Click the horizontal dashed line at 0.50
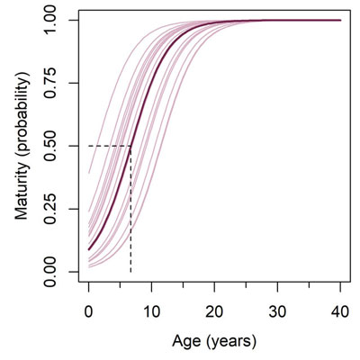click(x=108, y=146)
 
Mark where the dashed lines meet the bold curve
click(x=130, y=146)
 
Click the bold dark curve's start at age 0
click(x=89, y=249)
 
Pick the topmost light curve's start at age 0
click(x=89, y=173)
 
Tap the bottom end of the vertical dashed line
click(x=130, y=271)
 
